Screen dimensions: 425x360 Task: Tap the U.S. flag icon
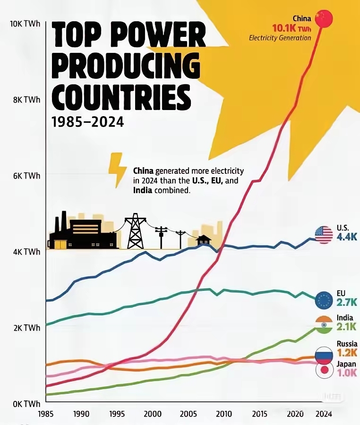point(324,235)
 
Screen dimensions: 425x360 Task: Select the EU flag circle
point(324,299)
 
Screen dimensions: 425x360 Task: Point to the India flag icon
point(324,325)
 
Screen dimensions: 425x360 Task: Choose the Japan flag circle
point(324,370)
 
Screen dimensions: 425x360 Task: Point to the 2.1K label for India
point(347,326)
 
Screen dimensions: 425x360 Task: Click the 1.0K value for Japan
point(347,373)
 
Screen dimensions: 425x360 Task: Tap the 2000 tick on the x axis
point(153,414)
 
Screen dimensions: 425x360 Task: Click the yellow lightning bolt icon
point(117,170)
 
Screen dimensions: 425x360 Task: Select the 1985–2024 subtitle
point(87,122)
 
